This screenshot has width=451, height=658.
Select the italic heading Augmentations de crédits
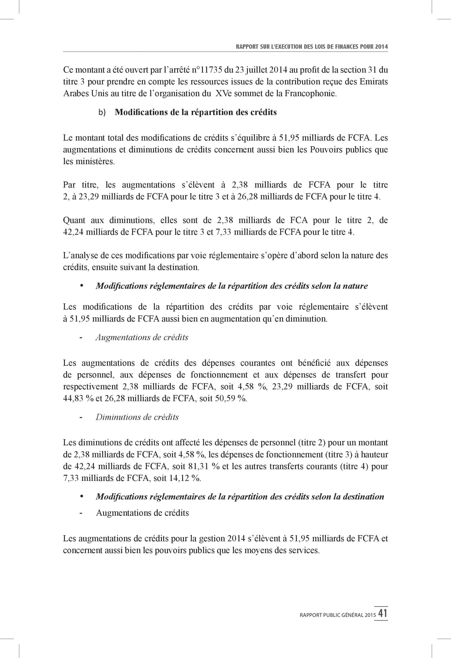pos(142,337)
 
